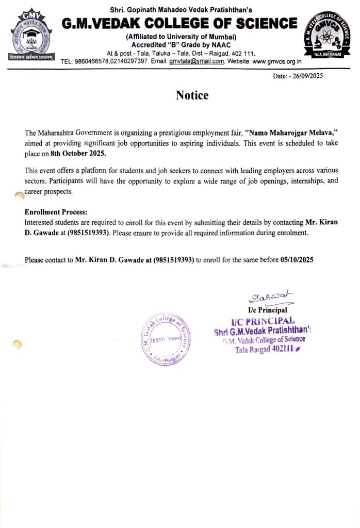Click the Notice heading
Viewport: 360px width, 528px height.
point(192,95)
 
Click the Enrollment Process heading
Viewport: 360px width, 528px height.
point(56,212)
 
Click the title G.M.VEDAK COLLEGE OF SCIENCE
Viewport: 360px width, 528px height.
point(180,23)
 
